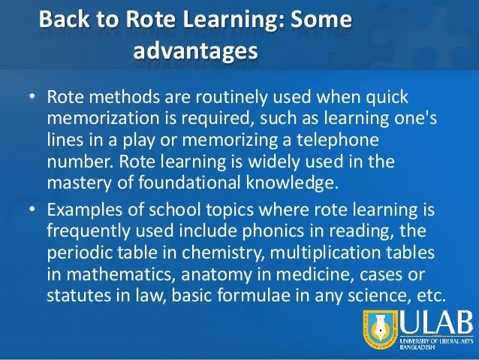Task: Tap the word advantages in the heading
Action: tap(195, 52)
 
